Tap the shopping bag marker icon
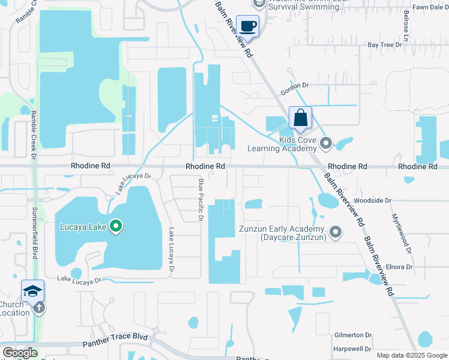pyautogui.click(x=300, y=118)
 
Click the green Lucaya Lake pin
pyautogui.click(x=118, y=227)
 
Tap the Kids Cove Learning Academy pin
pyautogui.click(x=326, y=143)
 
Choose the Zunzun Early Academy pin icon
pyautogui.click(x=336, y=231)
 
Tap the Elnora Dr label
pyautogui.click(x=400, y=266)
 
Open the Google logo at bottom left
pyautogui.click(x=20, y=353)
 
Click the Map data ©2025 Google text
pyautogui.click(x=412, y=355)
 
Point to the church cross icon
pyautogui.click(x=39, y=308)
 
